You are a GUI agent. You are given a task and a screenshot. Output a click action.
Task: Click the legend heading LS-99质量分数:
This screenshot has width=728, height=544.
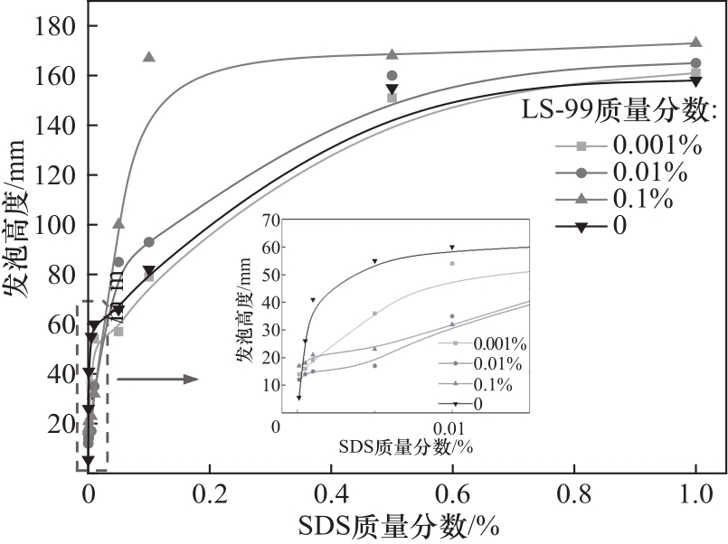(x=619, y=110)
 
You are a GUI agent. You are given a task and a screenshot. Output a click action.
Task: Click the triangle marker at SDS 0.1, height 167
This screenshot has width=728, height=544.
(x=149, y=57)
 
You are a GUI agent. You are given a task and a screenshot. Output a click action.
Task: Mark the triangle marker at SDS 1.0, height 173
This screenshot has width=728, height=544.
(x=696, y=42)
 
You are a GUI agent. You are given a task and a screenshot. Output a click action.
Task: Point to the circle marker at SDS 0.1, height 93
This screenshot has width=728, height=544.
(x=149, y=242)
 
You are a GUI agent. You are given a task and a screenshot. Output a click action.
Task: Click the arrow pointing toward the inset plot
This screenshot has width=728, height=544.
(x=157, y=379)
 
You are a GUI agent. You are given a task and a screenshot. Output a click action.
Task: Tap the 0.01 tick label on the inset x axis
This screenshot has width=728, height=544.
(x=451, y=427)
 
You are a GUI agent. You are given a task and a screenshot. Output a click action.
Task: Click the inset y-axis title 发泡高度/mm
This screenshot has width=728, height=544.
(x=244, y=315)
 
